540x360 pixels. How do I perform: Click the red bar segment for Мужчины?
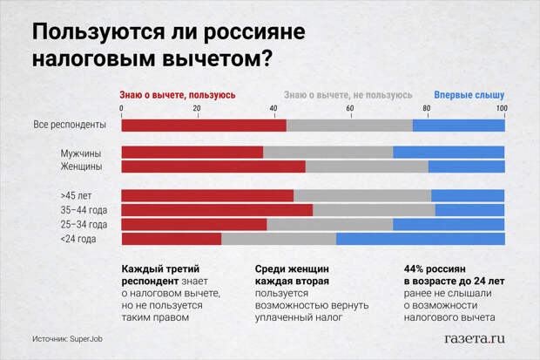[x=192, y=153]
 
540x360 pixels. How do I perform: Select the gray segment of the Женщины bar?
[x=367, y=166]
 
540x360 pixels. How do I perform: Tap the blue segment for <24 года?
[x=420, y=239]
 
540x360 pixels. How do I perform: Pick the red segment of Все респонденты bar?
[x=203, y=125]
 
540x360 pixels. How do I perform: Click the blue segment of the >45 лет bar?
[x=468, y=195]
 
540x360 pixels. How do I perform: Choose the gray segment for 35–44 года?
[x=374, y=210]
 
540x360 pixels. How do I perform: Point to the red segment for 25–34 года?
[x=193, y=224]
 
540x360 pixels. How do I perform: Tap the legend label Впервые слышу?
[x=469, y=95]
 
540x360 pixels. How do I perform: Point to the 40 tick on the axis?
[x=274, y=108]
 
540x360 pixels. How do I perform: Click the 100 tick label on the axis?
[x=501, y=108]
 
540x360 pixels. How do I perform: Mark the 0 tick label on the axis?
[x=121, y=108]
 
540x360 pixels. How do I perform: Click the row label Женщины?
[x=81, y=166]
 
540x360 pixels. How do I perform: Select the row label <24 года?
[x=78, y=239]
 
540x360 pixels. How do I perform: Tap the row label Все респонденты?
[x=70, y=125]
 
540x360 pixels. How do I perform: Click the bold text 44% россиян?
[x=436, y=270]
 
